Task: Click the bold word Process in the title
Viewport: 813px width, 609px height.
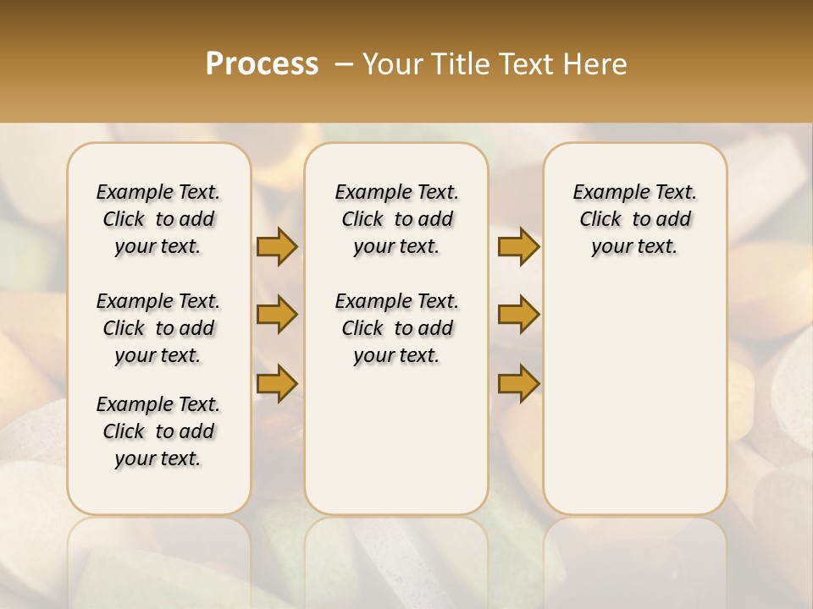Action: click(262, 64)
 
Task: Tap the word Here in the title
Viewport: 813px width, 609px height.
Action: click(595, 64)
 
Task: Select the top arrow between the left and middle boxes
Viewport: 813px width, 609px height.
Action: click(277, 247)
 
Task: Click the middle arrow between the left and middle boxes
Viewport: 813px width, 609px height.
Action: click(277, 315)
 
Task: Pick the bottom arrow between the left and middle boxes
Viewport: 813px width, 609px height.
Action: click(277, 383)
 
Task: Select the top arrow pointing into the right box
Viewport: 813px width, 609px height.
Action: click(518, 247)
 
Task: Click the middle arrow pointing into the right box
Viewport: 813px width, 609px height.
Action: click(518, 315)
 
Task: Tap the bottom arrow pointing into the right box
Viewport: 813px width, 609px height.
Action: click(518, 383)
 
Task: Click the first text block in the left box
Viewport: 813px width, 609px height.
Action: click(158, 219)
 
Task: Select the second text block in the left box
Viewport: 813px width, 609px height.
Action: click(158, 328)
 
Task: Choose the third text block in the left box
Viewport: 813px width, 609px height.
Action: click(158, 431)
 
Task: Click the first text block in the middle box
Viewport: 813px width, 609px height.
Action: click(397, 219)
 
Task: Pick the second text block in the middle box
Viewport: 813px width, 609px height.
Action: click(397, 328)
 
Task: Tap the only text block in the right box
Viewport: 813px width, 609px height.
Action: click(634, 219)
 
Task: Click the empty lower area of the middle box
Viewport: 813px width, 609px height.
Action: click(396, 440)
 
